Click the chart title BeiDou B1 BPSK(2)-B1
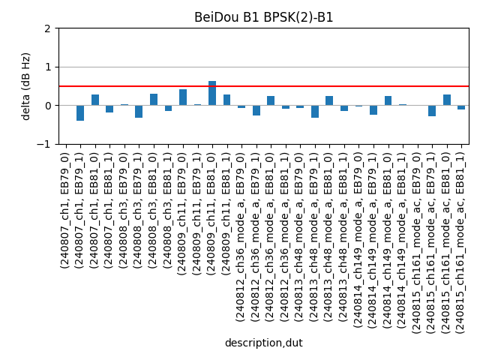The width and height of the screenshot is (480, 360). click(263, 17)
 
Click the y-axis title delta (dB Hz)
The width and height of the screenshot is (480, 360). click(26, 86)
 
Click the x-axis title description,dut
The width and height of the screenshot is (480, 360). click(263, 343)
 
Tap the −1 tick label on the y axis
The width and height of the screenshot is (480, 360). click(44, 144)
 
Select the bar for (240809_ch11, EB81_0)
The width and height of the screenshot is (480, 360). click(212, 93)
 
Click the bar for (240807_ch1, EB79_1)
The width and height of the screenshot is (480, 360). click(80, 113)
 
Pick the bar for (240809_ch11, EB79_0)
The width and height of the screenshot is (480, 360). click(183, 97)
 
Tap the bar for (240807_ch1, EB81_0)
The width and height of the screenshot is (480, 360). click(95, 100)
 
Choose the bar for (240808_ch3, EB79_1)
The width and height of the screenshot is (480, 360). click(139, 112)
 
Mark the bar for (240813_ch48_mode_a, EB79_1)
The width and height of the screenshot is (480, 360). click(315, 112)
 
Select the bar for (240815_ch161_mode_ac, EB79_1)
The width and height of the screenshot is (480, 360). click(432, 111)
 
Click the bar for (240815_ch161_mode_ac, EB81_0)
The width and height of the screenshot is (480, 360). click(447, 100)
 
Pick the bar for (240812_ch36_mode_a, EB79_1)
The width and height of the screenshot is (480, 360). click(256, 110)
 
